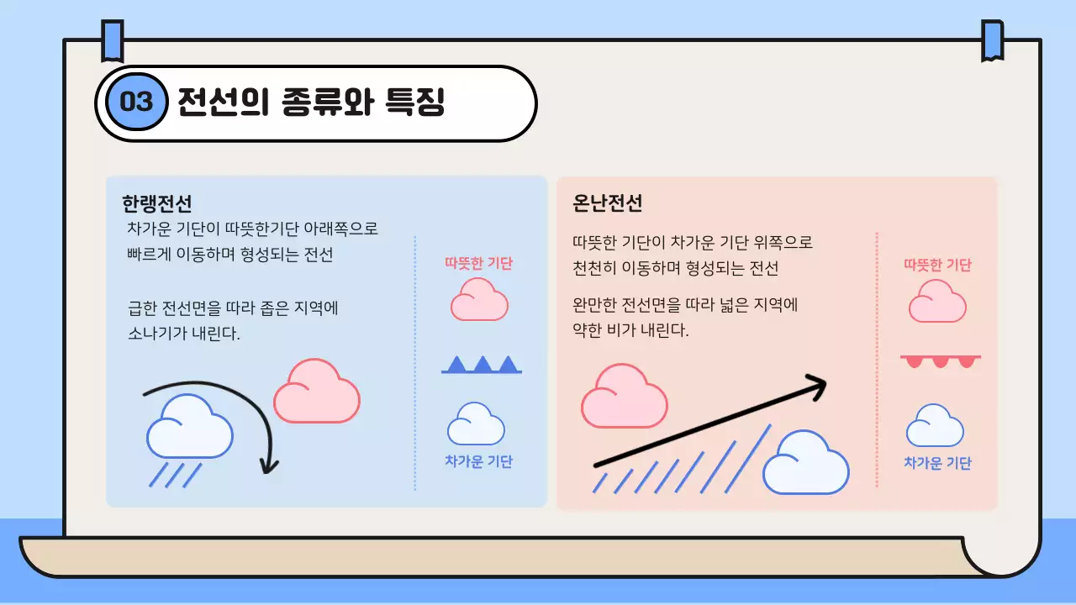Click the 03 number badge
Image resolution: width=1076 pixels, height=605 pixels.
[134, 103]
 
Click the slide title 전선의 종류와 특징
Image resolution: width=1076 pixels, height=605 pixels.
[310, 103]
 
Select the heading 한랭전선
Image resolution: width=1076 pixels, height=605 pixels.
[157, 203]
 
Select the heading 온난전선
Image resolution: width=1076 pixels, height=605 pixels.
[608, 203]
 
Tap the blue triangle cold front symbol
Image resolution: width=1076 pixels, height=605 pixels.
[482, 365]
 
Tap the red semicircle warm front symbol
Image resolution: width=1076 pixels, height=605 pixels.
[940, 360]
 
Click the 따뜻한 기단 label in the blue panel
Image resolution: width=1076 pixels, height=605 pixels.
[478, 263]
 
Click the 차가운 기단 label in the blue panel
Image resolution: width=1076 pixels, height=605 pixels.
[478, 461]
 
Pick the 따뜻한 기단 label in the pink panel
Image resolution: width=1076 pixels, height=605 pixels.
[937, 265]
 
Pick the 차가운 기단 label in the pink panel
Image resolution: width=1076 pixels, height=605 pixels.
[937, 463]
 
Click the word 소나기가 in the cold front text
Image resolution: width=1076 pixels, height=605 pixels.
[155, 334]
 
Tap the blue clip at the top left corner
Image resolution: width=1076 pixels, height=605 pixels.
[112, 40]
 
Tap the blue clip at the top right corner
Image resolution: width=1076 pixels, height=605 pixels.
[993, 40]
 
